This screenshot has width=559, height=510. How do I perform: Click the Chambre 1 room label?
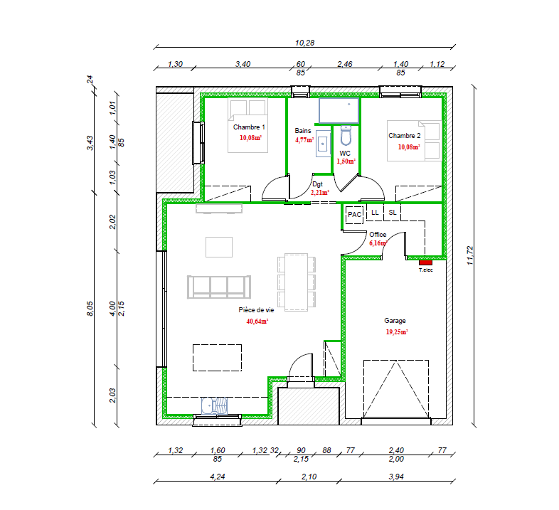click(249, 127)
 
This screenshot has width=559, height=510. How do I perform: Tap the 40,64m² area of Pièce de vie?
click(257, 322)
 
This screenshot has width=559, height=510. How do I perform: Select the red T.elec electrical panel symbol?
click(425, 262)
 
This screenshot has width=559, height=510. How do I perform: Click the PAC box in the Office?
click(354, 215)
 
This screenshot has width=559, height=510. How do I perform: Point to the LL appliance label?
click(375, 213)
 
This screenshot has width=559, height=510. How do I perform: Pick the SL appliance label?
click(393, 213)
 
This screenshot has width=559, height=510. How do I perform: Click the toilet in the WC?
click(346, 136)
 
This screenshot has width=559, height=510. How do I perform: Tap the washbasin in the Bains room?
click(323, 144)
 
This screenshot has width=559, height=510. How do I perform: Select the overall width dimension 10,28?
click(305, 43)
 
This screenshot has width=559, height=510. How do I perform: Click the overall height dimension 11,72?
click(470, 255)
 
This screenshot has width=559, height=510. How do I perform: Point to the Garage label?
click(395, 321)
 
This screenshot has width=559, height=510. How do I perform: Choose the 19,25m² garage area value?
click(397, 332)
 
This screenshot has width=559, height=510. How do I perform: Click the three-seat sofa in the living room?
click(219, 287)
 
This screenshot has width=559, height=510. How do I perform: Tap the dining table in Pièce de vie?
click(297, 282)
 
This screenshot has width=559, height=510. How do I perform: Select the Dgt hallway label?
click(317, 184)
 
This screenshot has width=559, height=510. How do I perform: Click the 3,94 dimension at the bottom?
click(396, 477)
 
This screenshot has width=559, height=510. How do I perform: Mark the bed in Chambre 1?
click(247, 125)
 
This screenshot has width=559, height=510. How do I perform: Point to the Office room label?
click(378, 234)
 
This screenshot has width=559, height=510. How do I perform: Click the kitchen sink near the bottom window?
click(214, 406)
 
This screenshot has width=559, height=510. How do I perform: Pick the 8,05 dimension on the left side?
click(90, 309)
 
